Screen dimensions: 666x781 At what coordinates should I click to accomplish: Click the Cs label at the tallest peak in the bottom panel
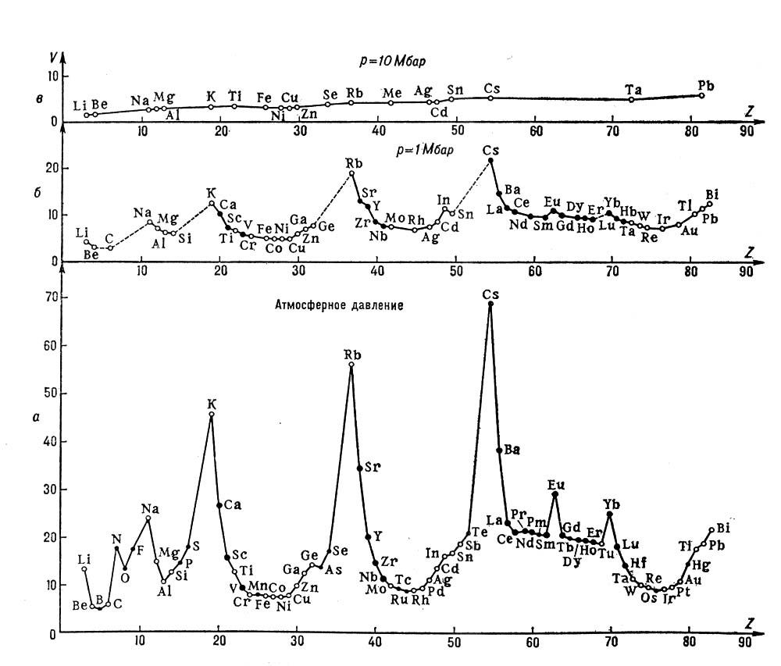pyautogui.click(x=490, y=294)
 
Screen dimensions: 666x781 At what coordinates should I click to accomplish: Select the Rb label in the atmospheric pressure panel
pyautogui.click(x=352, y=355)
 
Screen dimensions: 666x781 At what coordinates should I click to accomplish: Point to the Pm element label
pyautogui.click(x=537, y=522)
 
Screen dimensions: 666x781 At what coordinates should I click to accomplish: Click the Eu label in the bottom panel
pyautogui.click(x=555, y=484)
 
